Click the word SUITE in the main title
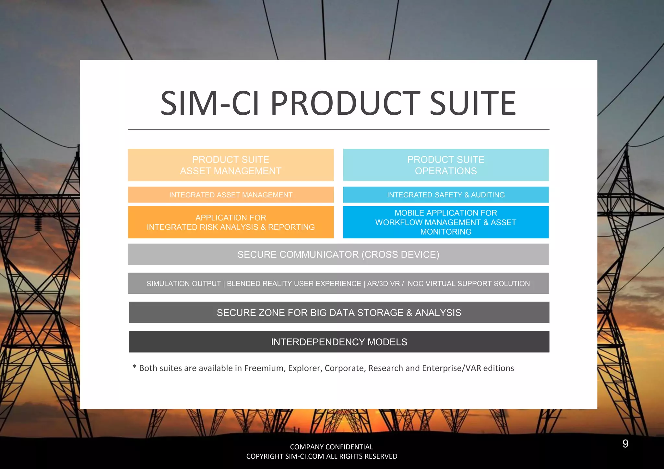(473, 103)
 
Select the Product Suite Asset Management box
(231, 165)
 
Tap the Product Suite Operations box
(446, 165)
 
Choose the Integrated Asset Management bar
(231, 195)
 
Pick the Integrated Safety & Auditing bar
(446, 195)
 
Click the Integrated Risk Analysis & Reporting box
(231, 222)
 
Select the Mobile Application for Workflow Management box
(446, 222)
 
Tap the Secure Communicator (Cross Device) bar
(338, 254)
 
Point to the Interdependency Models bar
(339, 342)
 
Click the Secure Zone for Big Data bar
(339, 313)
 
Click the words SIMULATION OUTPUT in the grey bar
(184, 284)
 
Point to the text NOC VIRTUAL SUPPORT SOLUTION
(468, 284)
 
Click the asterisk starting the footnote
(134, 367)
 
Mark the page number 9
(625, 443)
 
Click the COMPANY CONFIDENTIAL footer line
(331, 447)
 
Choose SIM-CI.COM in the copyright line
(304, 456)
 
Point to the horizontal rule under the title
(338, 130)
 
